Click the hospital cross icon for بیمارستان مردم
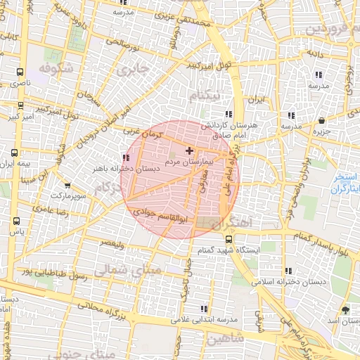click(x=188, y=150)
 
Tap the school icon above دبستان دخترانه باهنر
click(x=126, y=157)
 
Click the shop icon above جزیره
click(x=321, y=120)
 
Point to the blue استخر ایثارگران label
click(x=345, y=183)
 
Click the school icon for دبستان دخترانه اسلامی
click(x=289, y=271)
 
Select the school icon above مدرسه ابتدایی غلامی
click(x=204, y=309)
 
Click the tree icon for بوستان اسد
click(x=345, y=309)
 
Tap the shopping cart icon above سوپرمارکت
click(x=66, y=184)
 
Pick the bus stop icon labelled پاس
click(x=16, y=221)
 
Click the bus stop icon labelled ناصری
click(x=19, y=72)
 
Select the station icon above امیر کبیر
click(x=20, y=106)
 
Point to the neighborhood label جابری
click(x=134, y=69)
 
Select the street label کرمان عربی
click(x=142, y=131)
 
